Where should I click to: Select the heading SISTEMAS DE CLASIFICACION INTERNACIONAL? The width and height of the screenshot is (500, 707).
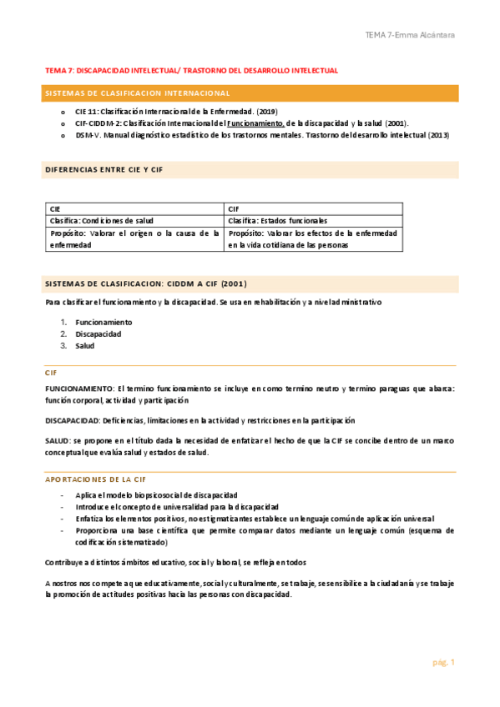pyautogui.click(x=138, y=93)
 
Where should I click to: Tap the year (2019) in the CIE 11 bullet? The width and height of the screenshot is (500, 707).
pyautogui.click(x=266, y=112)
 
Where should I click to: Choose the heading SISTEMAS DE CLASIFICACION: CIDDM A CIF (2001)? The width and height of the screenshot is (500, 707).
pyautogui.click(x=134, y=283)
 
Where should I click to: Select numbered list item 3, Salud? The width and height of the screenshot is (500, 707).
pyautogui.click(x=84, y=345)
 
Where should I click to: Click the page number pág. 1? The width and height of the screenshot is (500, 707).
pyautogui.click(x=442, y=663)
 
